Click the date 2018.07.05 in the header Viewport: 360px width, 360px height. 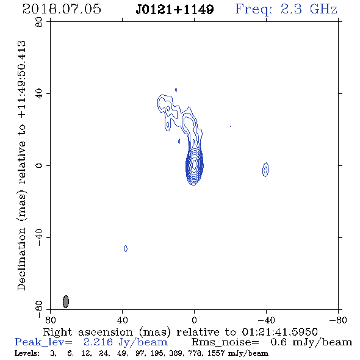click(x=62, y=9)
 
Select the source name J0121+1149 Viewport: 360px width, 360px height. click(x=175, y=10)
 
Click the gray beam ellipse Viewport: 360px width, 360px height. click(x=66, y=301)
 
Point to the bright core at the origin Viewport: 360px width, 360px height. click(x=195, y=165)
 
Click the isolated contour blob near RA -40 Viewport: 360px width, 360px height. click(x=265, y=170)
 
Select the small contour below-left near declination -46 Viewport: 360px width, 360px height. click(x=126, y=248)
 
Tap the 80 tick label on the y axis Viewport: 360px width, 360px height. click(x=39, y=22)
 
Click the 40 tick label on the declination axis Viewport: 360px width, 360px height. click(x=39, y=94)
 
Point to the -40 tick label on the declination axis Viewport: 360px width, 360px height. click(x=39, y=237)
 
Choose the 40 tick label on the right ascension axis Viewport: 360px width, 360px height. click(x=123, y=320)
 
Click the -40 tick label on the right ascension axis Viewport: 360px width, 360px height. click(x=266, y=320)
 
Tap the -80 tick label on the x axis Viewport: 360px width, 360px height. click(x=338, y=320)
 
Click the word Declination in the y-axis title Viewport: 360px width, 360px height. click(x=21, y=259)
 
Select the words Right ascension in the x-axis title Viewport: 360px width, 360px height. click(x=88, y=332)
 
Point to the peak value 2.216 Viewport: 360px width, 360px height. click(x=98, y=342)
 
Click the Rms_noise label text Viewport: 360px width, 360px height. click(x=225, y=342)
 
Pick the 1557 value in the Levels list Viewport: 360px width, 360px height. click(x=216, y=353)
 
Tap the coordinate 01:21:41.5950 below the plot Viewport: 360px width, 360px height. click(x=279, y=332)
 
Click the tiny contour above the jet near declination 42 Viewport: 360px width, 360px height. click(x=176, y=90)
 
